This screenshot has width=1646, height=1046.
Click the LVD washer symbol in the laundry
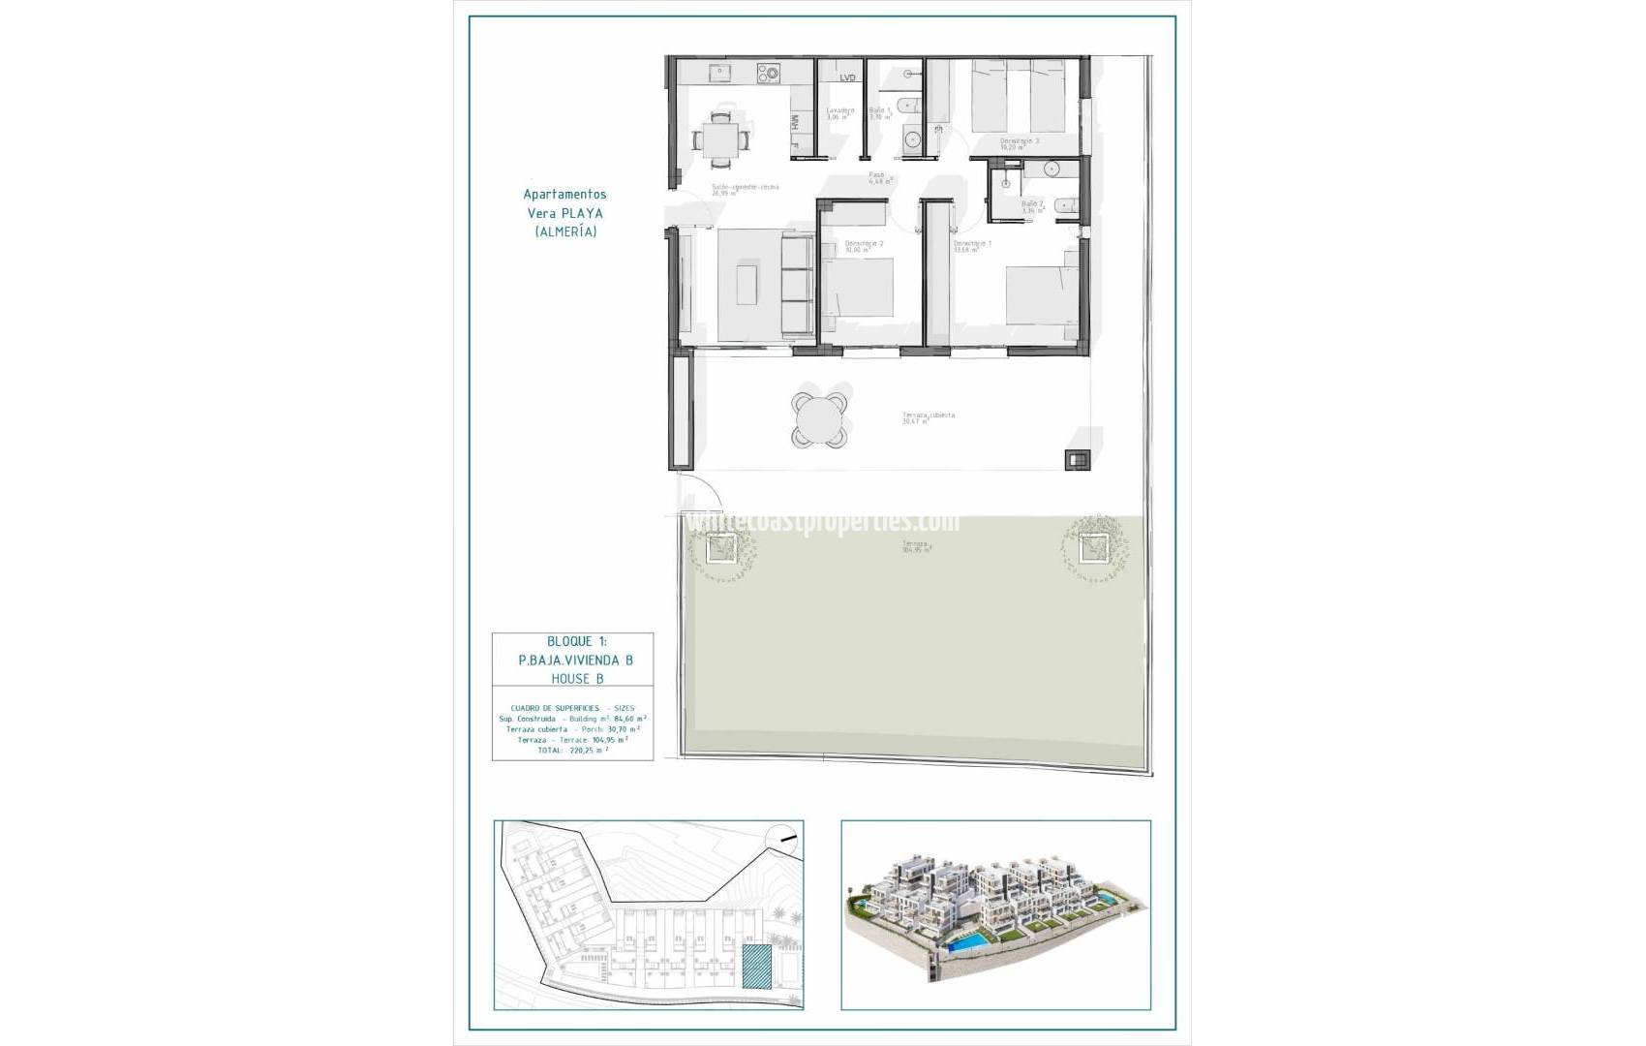[x=847, y=77]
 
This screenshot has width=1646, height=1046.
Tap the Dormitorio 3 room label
[x=1019, y=141]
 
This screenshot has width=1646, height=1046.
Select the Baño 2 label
[x=1032, y=204]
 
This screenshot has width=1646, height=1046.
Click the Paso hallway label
[x=878, y=176]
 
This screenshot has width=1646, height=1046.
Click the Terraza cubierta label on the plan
[x=928, y=415]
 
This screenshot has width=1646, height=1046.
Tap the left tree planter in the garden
[x=717, y=549]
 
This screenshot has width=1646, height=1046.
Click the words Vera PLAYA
[x=564, y=213]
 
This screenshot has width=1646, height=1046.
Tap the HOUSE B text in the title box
[x=571, y=679]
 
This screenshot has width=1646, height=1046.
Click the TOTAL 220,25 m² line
[x=572, y=751]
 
